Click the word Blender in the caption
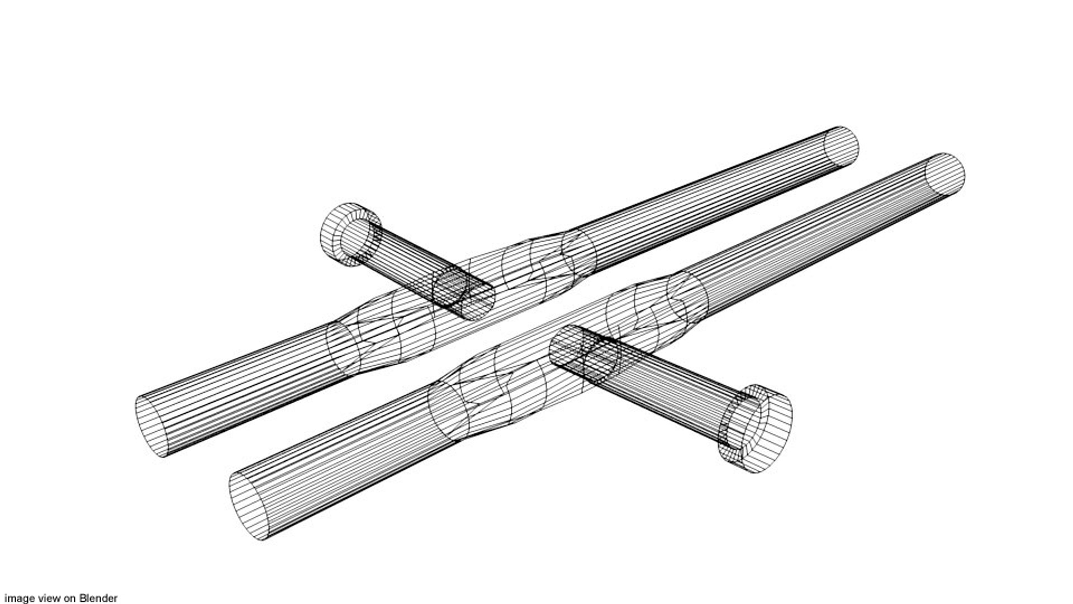coord(98,598)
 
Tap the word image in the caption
coord(19,598)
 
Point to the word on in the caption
coord(69,598)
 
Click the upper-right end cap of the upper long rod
coord(842,145)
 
